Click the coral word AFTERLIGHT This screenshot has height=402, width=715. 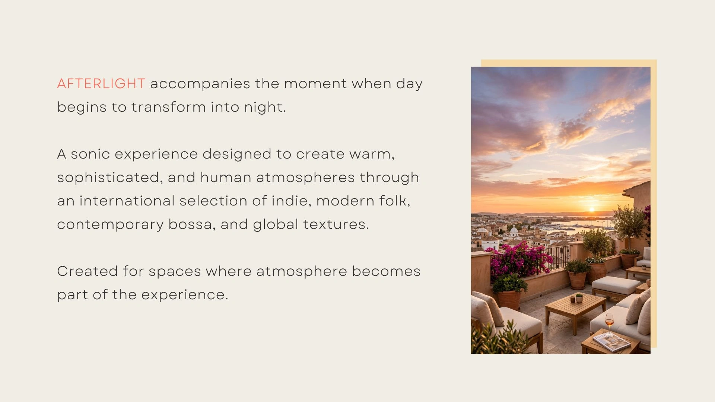click(101, 84)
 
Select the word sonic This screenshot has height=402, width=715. click(90, 154)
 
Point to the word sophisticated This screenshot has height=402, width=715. click(108, 178)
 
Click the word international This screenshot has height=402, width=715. click(127, 201)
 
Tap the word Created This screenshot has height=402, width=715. click(88, 271)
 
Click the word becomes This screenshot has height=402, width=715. click(386, 271)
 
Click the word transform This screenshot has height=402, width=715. click(168, 107)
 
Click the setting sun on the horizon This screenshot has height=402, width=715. click(591, 210)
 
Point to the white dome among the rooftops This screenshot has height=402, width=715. click(514, 231)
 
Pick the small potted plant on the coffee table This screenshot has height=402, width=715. click(579, 298)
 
